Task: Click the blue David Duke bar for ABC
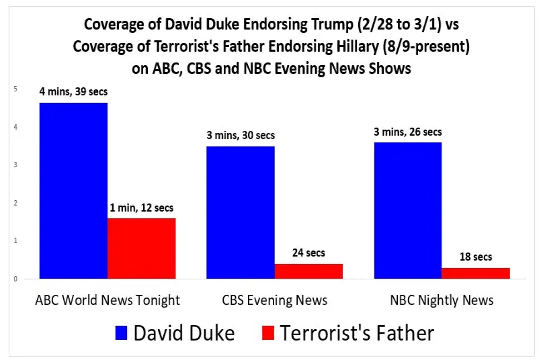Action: coord(73,190)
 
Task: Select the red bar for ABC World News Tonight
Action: coord(142,248)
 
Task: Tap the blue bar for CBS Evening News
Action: coord(241,212)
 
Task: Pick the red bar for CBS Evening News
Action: coord(309,271)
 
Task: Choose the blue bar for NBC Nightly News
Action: coord(408,210)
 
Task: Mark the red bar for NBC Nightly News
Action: coord(476,273)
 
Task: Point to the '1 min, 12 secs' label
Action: coord(142,208)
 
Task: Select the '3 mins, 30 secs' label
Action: coord(241,136)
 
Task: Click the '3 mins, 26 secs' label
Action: coord(408,132)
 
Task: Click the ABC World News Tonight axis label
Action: coord(108,300)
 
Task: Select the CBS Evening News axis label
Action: coord(276,300)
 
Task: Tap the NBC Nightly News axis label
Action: coord(442,300)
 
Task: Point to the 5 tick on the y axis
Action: coord(15,89)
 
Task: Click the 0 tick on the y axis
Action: coord(15,279)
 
